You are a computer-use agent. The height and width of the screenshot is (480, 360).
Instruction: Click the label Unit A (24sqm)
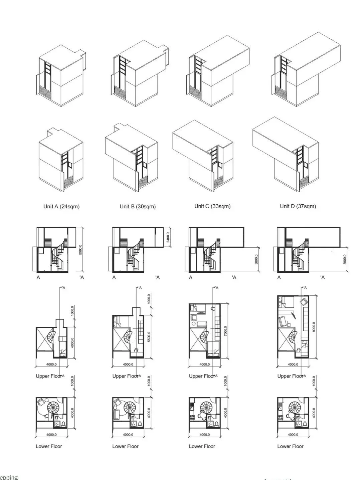click(61, 206)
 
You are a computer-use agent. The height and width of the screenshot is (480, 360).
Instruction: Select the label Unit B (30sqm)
click(138, 206)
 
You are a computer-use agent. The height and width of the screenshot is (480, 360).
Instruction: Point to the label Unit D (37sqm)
click(298, 206)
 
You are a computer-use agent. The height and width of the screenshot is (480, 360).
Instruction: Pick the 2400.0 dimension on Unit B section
click(168, 237)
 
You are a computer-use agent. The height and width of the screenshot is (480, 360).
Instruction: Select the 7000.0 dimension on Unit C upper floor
click(226, 330)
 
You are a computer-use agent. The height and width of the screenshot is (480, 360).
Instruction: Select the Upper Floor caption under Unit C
click(202, 376)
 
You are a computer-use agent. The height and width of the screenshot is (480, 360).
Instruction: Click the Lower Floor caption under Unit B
click(125, 446)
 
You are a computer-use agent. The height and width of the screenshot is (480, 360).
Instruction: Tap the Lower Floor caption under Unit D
click(290, 446)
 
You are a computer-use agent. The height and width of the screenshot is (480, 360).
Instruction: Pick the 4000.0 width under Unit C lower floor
click(204, 435)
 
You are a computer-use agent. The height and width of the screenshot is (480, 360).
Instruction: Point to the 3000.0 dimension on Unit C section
click(256, 259)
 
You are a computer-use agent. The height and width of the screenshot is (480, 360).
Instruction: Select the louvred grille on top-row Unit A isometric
click(45, 91)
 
